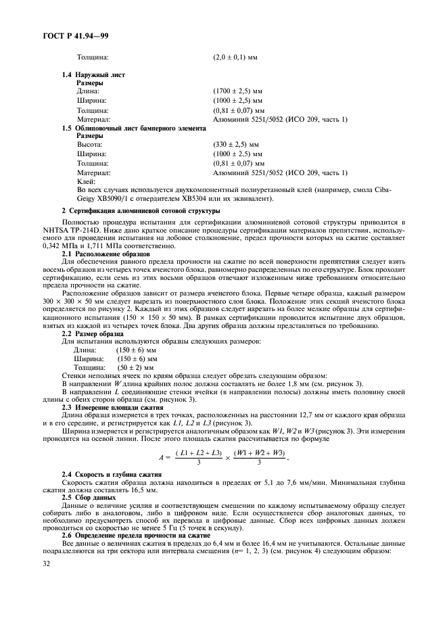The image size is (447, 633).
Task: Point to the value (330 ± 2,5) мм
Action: pyautogui.click(x=236, y=145)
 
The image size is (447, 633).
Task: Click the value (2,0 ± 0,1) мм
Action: pyautogui.click(x=236, y=57)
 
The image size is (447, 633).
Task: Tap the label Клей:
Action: pyautogui.click(x=86, y=181)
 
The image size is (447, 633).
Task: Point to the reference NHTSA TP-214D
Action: pyautogui.click(x=91, y=229)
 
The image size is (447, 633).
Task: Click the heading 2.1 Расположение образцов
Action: pyautogui.click(x=101, y=253)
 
